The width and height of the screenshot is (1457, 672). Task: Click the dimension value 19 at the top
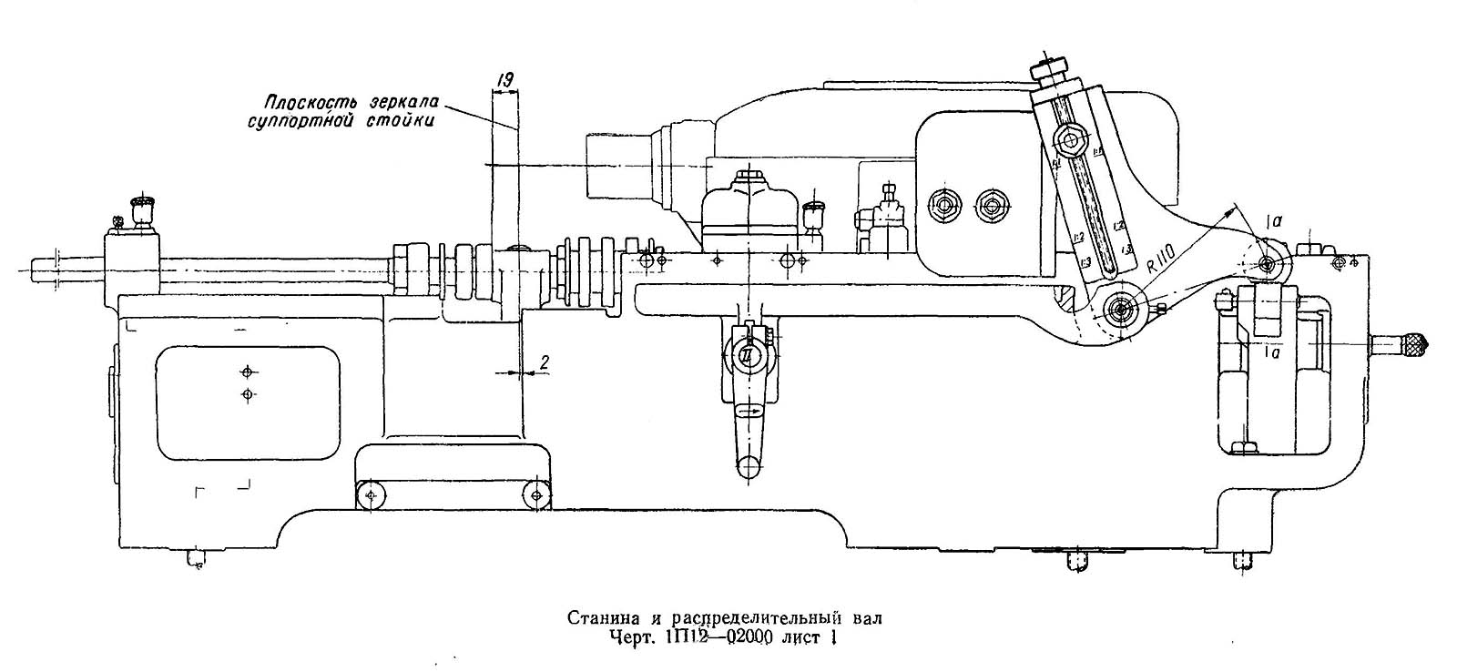pos(503,81)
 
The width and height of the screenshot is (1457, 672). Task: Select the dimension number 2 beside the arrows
pos(544,361)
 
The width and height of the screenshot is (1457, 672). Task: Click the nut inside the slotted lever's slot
pos(1068,139)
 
